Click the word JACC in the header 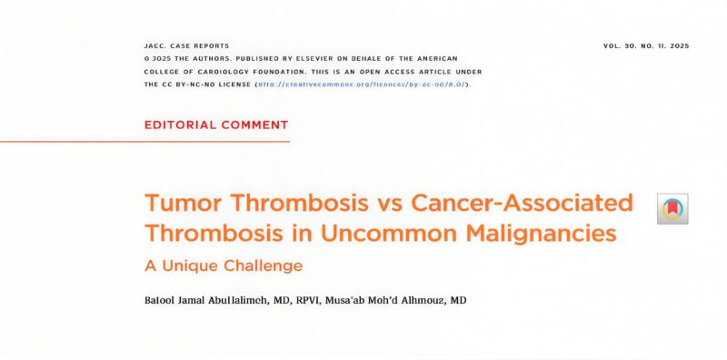coord(155,45)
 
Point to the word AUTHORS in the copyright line coord(212,58)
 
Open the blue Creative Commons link coord(362,84)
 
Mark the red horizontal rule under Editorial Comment coord(145,141)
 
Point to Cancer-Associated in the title coord(522,202)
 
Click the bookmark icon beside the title coord(672,208)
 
